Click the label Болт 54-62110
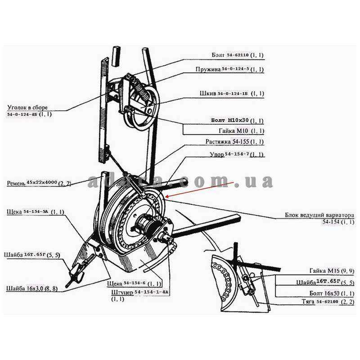237,55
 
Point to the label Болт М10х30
237,121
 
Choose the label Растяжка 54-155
234,142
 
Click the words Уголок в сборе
27,108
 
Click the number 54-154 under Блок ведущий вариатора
332,222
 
